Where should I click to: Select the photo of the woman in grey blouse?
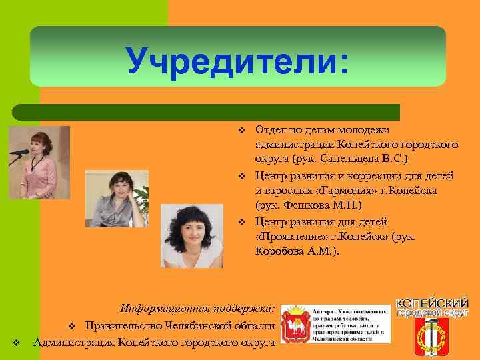click(119, 198)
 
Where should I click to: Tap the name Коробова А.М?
click(296, 251)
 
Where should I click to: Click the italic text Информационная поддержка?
click(197, 309)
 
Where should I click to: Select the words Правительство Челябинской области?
click(179, 326)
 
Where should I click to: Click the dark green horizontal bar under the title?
click(207, 112)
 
